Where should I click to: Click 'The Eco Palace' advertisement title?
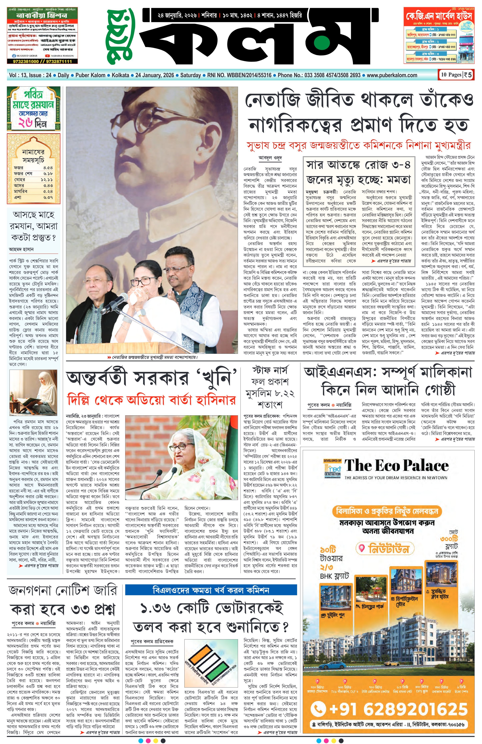tap(396, 466)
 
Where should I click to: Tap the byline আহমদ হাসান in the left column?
tap(21, 249)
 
